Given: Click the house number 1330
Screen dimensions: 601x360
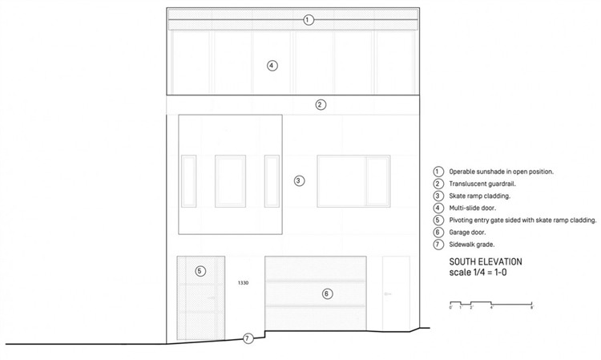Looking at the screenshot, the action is tap(243, 283).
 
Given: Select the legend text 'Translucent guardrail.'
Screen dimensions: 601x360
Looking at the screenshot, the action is tap(482, 184).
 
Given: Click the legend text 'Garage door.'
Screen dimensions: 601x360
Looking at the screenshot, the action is tap(468, 233).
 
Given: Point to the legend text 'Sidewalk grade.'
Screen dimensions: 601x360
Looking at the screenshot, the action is tap(472, 245).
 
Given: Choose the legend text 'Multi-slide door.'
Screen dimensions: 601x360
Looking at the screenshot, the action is tap(473, 208).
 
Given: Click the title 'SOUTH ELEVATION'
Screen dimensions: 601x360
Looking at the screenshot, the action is tap(486, 262).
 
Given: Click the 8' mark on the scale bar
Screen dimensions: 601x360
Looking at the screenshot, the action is tap(531, 307).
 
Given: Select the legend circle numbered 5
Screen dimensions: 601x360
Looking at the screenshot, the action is tap(438, 220).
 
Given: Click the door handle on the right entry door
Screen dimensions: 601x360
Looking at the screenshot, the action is tap(387, 294).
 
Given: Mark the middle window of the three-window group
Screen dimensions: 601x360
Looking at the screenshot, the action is tap(230, 181).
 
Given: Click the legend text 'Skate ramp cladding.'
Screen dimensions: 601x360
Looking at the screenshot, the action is tap(480, 196).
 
